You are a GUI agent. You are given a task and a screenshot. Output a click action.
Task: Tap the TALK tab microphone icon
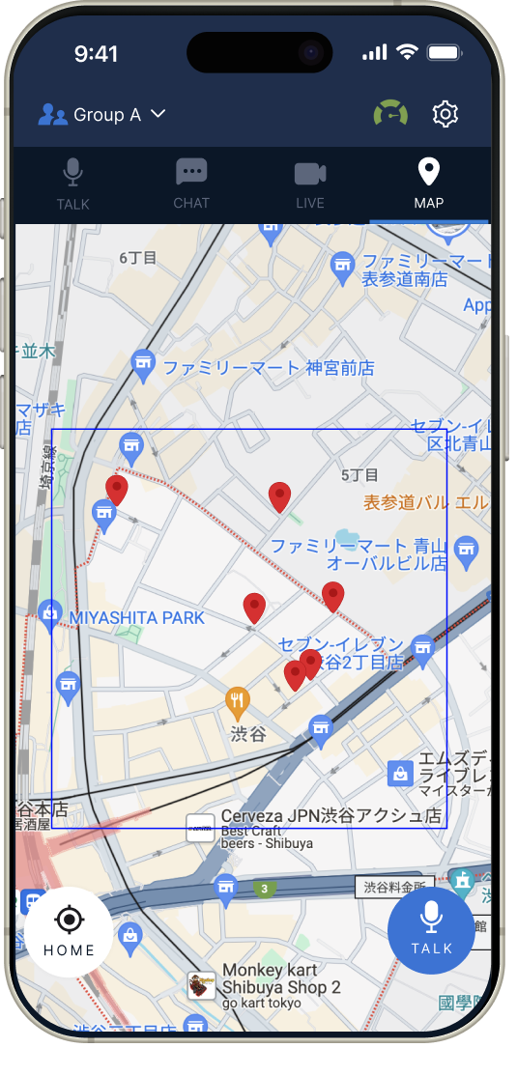(73, 174)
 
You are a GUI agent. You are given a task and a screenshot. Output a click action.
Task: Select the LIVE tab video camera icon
(310, 174)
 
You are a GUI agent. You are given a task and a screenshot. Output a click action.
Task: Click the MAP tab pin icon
(428, 173)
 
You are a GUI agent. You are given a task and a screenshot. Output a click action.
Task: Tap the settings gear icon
(445, 114)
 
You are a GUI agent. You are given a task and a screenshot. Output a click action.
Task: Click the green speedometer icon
(390, 114)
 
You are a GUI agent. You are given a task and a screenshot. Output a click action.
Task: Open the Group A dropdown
(102, 115)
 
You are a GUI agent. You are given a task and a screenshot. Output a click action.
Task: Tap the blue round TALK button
(431, 930)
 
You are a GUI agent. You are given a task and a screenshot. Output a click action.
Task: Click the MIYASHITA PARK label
(136, 617)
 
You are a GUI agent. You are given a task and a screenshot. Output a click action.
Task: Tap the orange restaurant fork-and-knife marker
(238, 699)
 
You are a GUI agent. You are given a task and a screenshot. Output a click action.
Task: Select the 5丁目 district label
(359, 475)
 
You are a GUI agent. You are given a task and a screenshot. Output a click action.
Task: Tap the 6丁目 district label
(137, 258)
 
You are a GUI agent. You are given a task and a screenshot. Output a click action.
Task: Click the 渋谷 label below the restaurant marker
(247, 734)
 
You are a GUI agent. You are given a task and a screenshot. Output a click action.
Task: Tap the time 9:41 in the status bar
(96, 54)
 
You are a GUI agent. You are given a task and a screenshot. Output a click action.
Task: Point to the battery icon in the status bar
(444, 52)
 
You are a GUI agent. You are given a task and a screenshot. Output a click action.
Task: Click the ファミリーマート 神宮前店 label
(268, 368)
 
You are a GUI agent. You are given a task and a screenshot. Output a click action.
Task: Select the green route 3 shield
(264, 889)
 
